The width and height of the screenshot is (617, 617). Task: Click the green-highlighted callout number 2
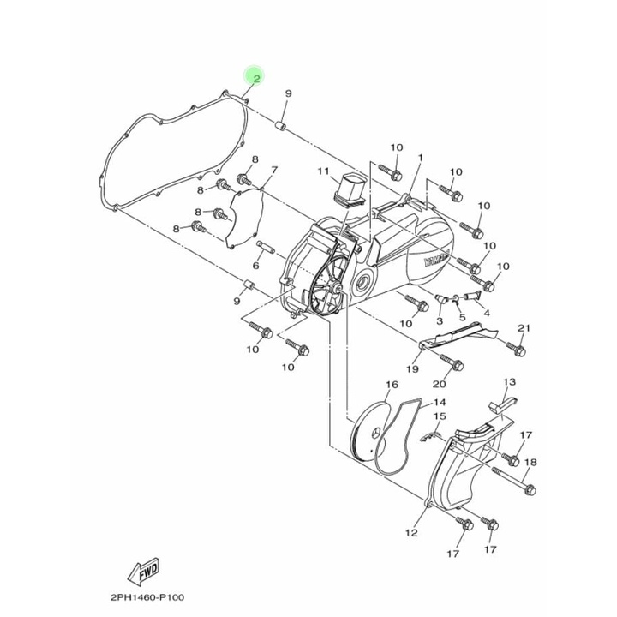coord(254,76)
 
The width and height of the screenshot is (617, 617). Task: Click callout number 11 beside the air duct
coord(323,171)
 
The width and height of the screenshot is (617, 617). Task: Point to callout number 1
coord(422,158)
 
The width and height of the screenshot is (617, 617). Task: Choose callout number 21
coord(524,328)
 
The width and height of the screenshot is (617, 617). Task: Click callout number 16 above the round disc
coord(392,385)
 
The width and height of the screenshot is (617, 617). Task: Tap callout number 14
coord(439,402)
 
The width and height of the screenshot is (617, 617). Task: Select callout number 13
coord(509,381)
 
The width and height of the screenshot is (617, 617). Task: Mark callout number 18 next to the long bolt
coord(530,463)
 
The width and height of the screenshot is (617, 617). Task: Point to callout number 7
coord(250,170)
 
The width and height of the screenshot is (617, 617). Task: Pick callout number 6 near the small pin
coord(256,243)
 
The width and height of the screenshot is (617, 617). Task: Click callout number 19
coord(411,369)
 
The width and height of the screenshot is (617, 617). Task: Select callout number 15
coord(439,417)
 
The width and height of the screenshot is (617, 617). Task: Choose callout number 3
coord(440,320)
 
